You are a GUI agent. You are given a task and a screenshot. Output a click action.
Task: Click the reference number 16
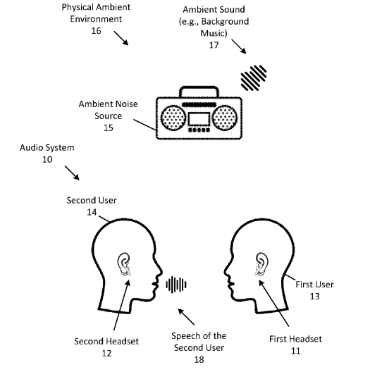(96, 31)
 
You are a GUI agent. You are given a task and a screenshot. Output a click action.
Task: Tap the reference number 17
(214, 45)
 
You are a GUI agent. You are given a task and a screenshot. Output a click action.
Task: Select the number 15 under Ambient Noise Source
(109, 128)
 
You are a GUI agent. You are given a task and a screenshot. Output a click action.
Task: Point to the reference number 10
(47, 159)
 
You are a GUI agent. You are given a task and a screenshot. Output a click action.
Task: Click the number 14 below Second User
(92, 212)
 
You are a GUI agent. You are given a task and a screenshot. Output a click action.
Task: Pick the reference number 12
(106, 353)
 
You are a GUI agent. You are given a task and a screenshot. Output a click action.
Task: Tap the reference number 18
(199, 359)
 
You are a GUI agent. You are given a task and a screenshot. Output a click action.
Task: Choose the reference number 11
(295, 351)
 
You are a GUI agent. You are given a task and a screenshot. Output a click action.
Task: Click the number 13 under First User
(314, 296)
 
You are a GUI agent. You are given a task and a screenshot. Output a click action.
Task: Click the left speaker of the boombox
(173, 118)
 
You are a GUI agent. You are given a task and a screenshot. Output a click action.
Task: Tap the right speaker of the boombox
(225, 118)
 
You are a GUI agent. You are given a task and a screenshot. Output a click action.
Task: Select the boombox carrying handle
(199, 87)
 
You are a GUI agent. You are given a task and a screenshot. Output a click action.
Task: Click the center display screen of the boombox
(199, 119)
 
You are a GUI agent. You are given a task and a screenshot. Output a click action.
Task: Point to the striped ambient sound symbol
(254, 77)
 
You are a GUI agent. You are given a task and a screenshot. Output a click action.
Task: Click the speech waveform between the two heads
(176, 285)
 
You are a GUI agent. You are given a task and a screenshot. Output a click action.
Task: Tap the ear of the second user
(124, 264)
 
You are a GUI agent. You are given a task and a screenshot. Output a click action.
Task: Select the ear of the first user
(261, 264)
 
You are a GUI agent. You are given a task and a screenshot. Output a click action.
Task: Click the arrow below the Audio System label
(72, 173)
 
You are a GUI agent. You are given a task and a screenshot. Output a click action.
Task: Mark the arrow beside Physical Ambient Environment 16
(121, 38)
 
